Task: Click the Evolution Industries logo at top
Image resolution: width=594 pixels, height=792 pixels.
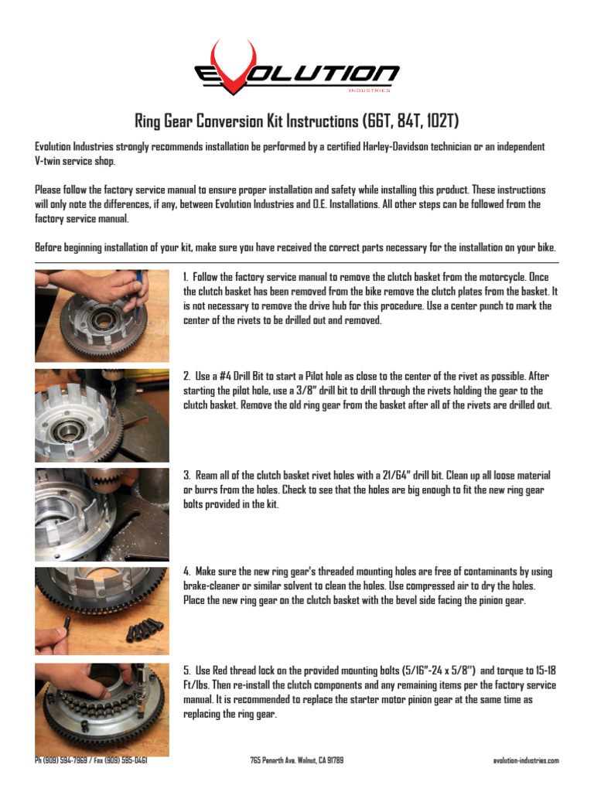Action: pos(296,71)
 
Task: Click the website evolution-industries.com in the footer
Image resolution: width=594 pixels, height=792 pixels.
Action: pos(525,760)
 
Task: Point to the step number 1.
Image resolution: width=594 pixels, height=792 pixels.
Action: pos(186,277)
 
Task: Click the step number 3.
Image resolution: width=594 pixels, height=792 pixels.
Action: pos(186,475)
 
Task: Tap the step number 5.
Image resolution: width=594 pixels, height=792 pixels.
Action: pos(186,671)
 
